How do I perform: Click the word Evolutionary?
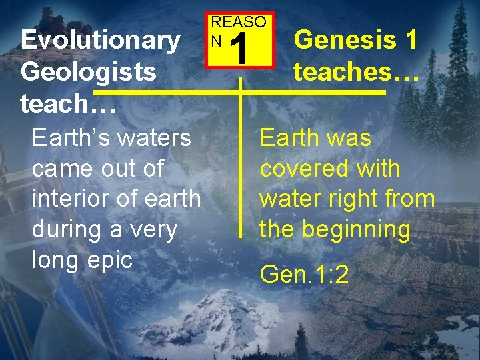[100, 41]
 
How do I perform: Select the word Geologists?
[89, 71]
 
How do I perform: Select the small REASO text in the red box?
[238, 22]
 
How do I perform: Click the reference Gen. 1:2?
[304, 274]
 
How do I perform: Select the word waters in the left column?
[151, 138]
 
